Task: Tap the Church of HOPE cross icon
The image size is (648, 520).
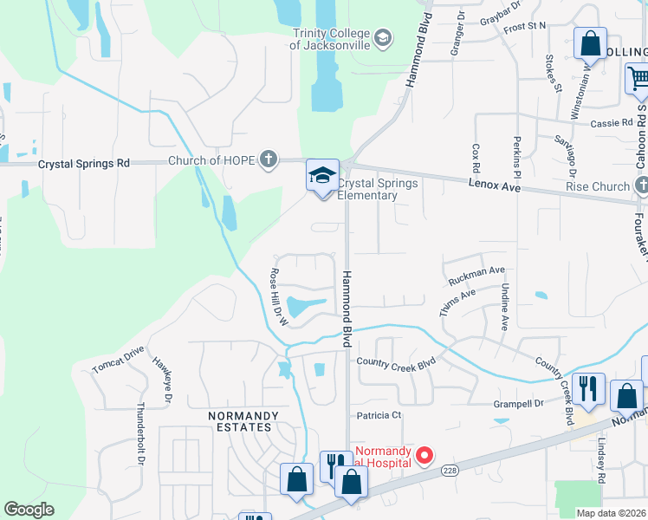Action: point(269,159)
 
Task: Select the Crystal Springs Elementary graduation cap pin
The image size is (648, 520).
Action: point(322,176)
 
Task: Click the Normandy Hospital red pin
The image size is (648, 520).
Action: point(424,454)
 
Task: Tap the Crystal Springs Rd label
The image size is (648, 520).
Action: point(83,163)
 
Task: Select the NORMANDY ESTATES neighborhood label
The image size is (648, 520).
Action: point(243,422)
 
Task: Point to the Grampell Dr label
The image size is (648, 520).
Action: point(519,403)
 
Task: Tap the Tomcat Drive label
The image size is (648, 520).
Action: point(118,363)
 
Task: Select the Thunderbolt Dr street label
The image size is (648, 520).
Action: point(139,431)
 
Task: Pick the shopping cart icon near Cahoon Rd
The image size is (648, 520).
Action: point(638,79)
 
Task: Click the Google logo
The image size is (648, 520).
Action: point(29,510)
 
